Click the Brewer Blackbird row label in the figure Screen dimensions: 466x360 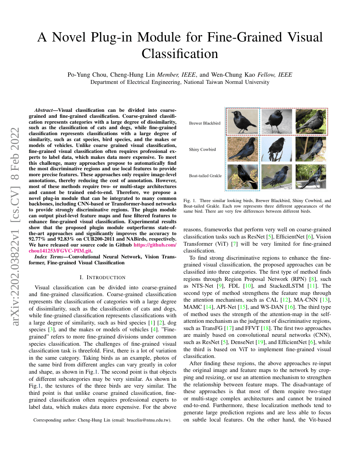click(x=205, y=123)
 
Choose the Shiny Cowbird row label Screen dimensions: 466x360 click(x=202, y=150)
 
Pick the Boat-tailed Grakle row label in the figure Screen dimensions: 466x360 click(x=205, y=175)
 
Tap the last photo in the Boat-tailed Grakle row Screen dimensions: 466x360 click(x=310, y=176)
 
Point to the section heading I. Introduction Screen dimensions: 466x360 click(x=102, y=277)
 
